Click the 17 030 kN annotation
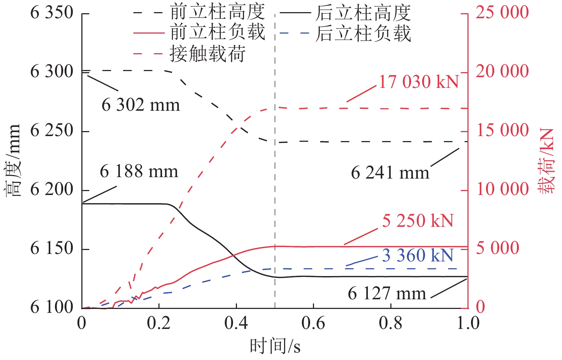(x=419, y=82)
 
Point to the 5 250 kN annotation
(x=418, y=221)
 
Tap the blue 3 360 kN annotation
(x=418, y=255)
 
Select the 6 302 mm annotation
(x=141, y=105)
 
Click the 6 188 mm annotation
(x=139, y=171)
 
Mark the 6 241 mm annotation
(x=390, y=173)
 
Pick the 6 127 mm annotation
(x=387, y=294)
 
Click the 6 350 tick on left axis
(x=52, y=13)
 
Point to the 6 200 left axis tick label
(x=52, y=189)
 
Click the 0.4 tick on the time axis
(x=236, y=323)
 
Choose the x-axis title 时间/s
(x=275, y=346)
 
